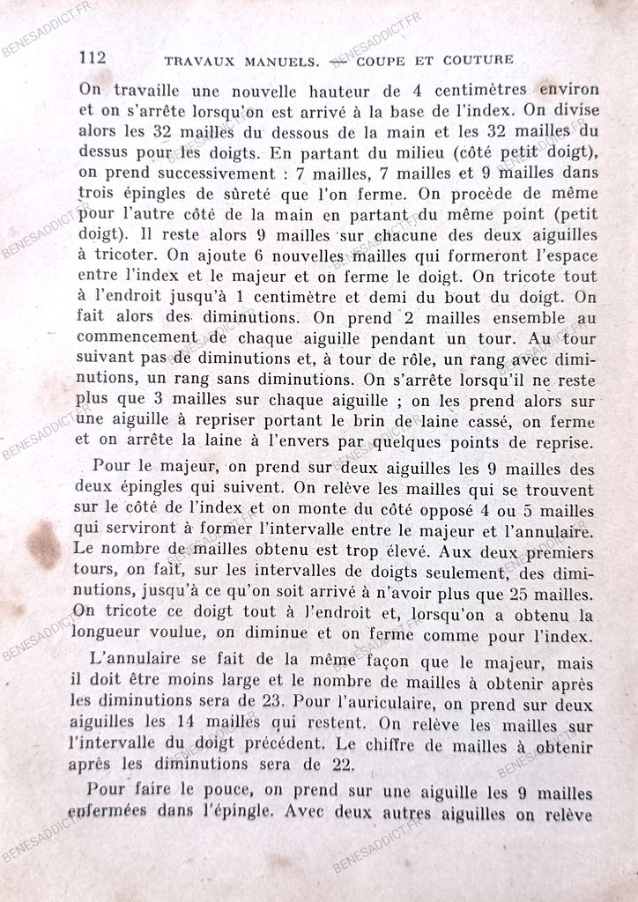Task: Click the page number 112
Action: click(93, 58)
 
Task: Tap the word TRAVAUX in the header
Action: click(198, 62)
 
